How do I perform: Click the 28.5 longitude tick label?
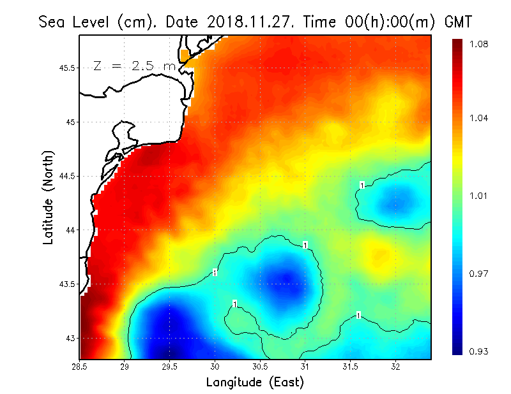(80, 367)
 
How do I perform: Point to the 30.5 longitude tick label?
(260, 367)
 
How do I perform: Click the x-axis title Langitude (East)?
(255, 383)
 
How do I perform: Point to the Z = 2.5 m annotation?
(133, 66)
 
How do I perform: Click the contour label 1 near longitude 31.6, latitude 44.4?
(362, 186)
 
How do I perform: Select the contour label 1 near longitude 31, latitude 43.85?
(306, 245)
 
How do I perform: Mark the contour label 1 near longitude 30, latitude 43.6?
(215, 273)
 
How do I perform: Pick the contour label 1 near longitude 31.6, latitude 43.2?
(358, 316)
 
